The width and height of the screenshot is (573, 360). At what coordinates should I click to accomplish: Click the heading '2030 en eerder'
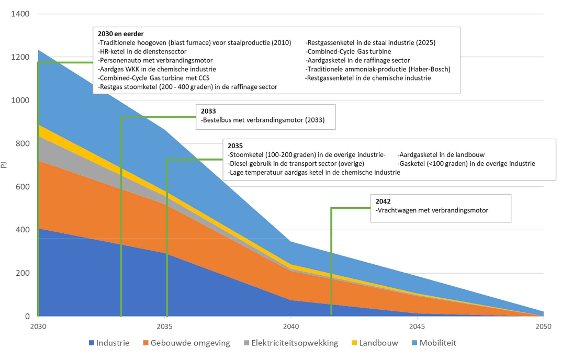pos(120,34)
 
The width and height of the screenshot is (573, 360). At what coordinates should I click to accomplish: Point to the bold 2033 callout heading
pos(208,111)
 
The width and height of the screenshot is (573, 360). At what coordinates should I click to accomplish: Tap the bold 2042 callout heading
pos(383,201)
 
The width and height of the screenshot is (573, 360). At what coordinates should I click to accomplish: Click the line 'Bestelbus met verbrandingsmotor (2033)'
pos(263,120)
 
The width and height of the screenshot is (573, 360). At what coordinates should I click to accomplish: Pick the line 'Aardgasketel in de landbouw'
pos(441,155)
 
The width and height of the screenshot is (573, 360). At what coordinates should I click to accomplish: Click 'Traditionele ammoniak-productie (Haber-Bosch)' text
pos(378,69)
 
